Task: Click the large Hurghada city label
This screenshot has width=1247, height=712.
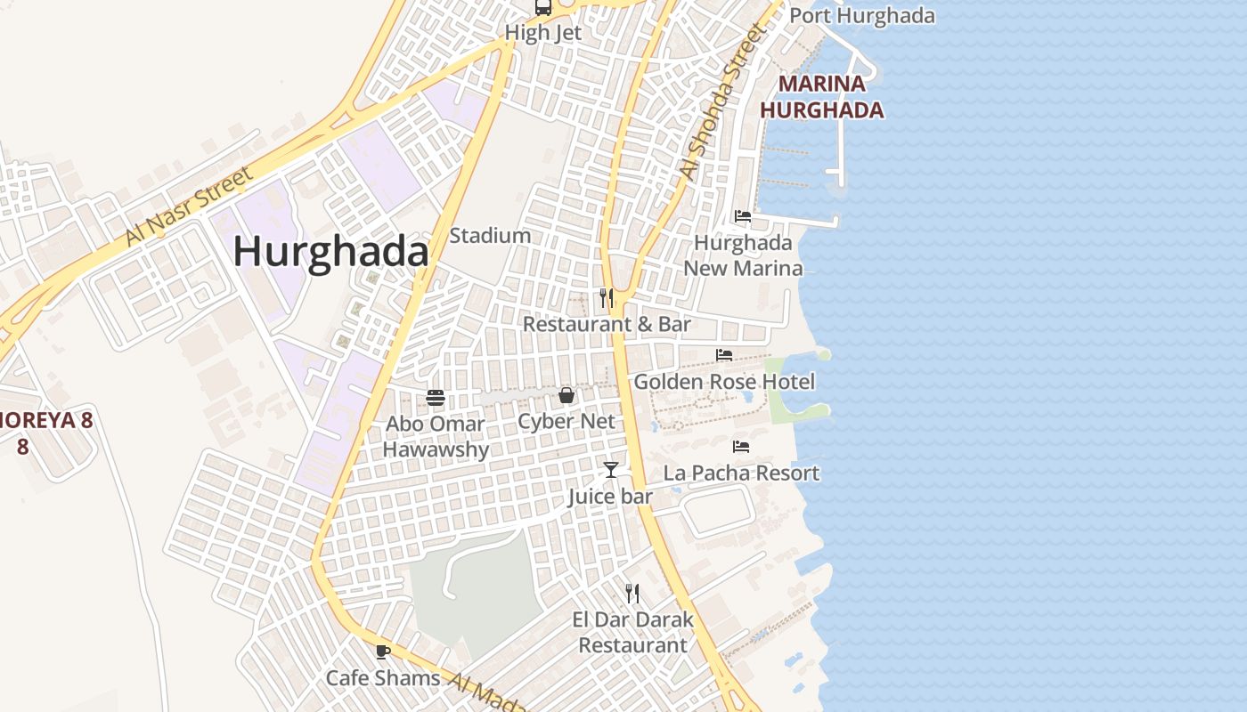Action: click(x=330, y=252)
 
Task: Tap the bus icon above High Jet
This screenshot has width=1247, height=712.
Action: click(x=542, y=8)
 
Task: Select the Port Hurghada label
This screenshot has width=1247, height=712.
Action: click(x=861, y=16)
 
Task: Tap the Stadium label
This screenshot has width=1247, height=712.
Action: click(x=490, y=236)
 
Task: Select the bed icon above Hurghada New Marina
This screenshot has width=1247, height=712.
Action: click(x=742, y=216)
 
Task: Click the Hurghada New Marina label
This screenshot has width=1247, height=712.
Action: click(x=743, y=255)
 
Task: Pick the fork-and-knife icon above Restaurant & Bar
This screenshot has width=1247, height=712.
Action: click(x=607, y=297)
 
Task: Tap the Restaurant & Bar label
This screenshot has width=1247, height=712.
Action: click(x=607, y=324)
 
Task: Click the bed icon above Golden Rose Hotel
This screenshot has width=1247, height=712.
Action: click(x=724, y=355)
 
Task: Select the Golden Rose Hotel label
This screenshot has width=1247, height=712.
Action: click(x=724, y=382)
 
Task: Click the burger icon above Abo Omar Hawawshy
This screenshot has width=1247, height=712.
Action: click(x=436, y=397)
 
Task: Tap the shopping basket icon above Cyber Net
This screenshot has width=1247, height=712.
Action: click(x=566, y=395)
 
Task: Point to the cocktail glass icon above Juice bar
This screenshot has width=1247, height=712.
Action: click(x=611, y=469)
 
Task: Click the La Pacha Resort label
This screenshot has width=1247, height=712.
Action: click(x=741, y=473)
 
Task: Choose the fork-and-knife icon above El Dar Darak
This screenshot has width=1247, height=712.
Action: click(x=632, y=593)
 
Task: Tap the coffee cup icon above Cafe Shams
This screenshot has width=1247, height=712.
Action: click(x=383, y=651)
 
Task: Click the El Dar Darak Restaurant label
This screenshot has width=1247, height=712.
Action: click(x=632, y=632)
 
